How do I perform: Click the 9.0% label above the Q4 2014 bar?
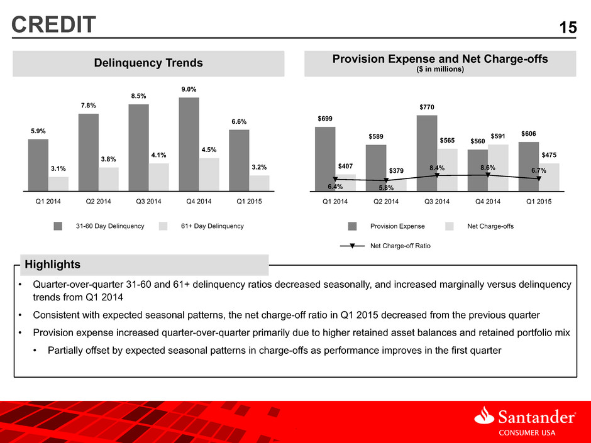coord(189,89)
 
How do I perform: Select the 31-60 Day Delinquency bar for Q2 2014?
coord(89,152)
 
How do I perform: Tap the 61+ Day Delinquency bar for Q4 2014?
coord(209,175)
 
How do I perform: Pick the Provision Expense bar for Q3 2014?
coord(427,153)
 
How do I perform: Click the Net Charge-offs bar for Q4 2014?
coord(499,168)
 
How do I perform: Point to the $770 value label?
coord(427,107)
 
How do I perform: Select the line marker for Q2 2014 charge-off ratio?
coord(386,180)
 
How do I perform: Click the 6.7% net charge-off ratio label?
coord(539,170)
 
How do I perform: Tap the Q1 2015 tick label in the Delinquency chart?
coord(249,201)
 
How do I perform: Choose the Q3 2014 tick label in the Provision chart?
coord(437,202)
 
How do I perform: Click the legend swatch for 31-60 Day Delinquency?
coord(58,226)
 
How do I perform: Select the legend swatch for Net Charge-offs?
coord(450,226)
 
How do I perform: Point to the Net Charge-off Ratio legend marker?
coord(352,246)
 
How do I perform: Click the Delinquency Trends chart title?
coord(148,63)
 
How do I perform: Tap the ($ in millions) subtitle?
coord(440,69)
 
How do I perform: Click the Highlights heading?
coord(52,265)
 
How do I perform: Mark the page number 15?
coord(568,28)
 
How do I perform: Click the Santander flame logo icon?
coord(484,415)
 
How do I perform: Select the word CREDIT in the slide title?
coord(53,25)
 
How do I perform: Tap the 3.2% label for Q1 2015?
coord(259,167)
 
